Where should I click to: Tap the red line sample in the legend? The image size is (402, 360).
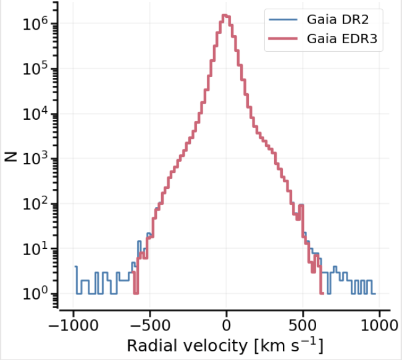(x=283, y=39)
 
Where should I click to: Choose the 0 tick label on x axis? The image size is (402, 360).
(x=227, y=325)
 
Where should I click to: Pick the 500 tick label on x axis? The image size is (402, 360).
(x=303, y=325)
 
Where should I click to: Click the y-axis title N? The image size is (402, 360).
(x=10, y=157)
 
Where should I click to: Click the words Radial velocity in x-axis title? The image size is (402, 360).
(x=173, y=345)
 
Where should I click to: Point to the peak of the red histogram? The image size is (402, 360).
(x=226, y=15)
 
